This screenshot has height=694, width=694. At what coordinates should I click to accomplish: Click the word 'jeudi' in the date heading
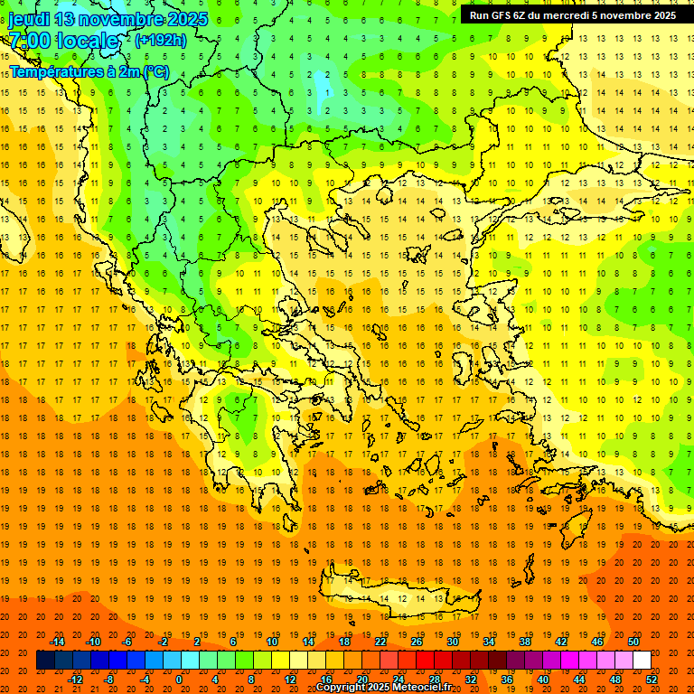click(x=29, y=19)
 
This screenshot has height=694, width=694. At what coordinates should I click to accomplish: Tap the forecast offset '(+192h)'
click(x=161, y=40)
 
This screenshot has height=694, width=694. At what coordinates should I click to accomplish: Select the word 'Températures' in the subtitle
click(x=54, y=71)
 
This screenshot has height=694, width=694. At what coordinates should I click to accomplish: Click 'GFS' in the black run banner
click(x=503, y=15)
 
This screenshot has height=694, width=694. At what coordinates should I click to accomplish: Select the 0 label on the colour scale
click(x=179, y=679)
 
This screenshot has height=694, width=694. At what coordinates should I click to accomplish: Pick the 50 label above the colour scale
click(x=633, y=642)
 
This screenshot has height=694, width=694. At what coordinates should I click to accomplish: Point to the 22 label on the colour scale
click(x=380, y=642)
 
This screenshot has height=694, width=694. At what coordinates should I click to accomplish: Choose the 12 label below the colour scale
click(x=290, y=679)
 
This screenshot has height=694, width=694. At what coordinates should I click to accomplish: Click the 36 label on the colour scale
click(x=507, y=679)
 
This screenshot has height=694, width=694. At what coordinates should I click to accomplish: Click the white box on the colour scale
click(x=642, y=661)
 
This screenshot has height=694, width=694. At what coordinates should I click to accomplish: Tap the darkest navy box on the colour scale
click(x=45, y=661)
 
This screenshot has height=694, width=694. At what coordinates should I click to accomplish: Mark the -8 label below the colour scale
click(x=109, y=679)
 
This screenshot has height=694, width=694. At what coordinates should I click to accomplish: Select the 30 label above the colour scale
click(x=452, y=642)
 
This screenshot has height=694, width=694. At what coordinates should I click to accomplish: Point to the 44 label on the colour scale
click(x=579, y=679)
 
